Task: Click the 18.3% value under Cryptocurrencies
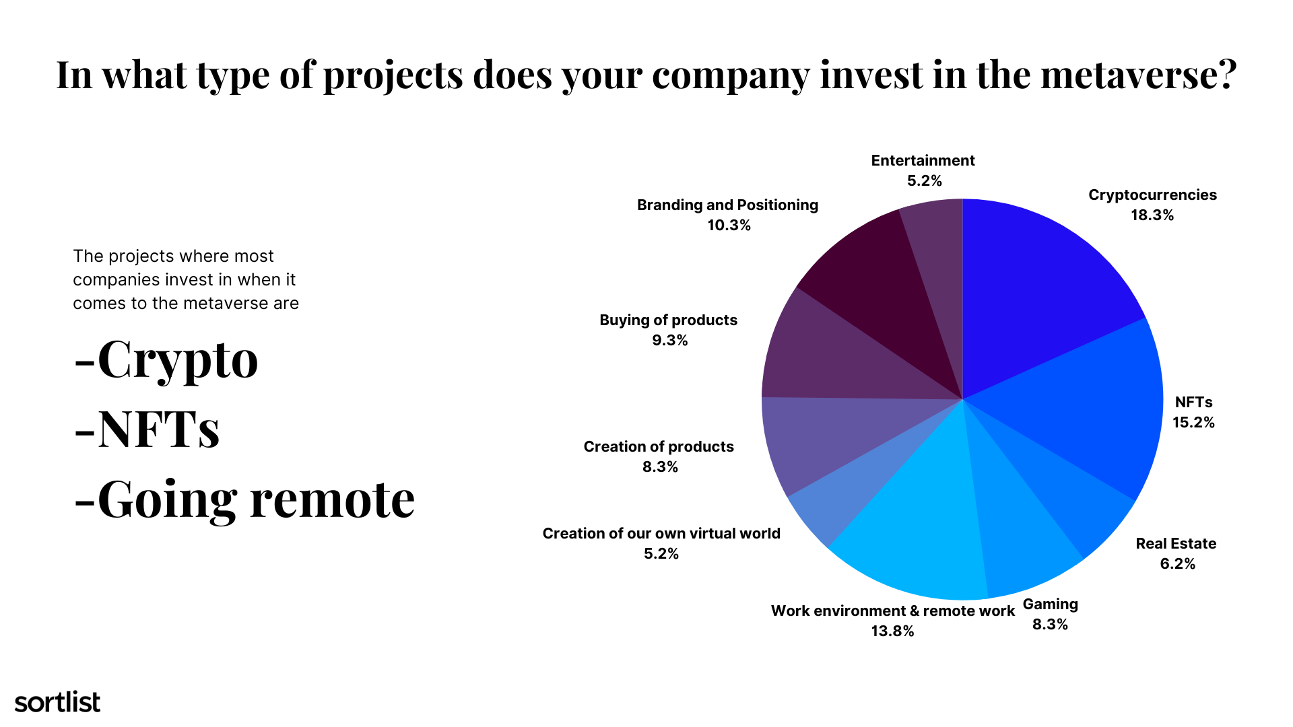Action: (x=1152, y=215)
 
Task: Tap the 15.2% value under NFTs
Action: (x=1193, y=423)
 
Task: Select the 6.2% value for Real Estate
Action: (x=1177, y=564)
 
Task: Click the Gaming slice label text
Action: (x=1051, y=604)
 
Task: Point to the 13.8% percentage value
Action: (x=892, y=631)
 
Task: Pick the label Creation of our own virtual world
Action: (x=661, y=534)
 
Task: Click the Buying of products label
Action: (x=669, y=320)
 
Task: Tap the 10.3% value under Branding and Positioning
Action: (x=729, y=226)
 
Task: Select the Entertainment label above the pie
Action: (x=923, y=160)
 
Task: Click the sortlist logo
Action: (x=57, y=702)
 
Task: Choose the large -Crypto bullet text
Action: (x=166, y=360)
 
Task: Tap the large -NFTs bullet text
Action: (x=147, y=429)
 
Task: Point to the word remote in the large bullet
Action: (x=333, y=499)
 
